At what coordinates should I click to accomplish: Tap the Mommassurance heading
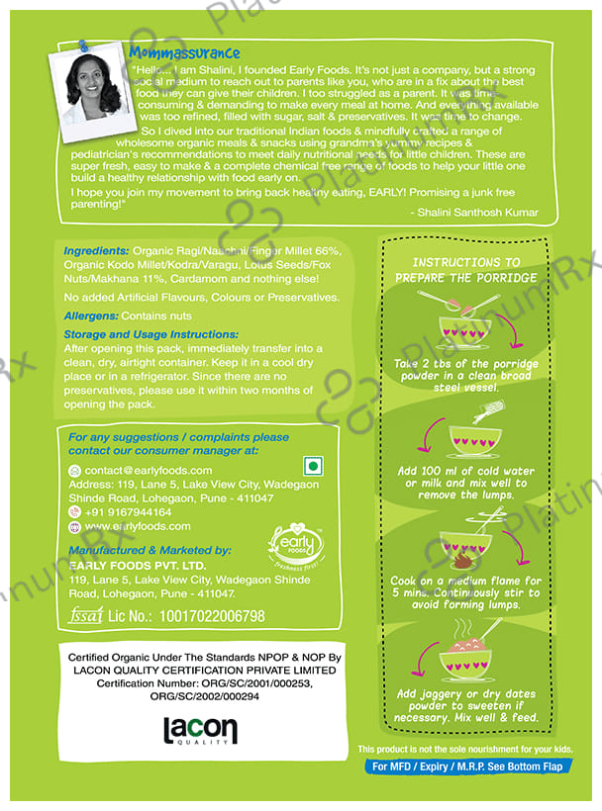click(185, 51)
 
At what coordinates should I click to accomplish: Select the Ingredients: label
click(96, 252)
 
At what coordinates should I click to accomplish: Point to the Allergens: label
click(91, 315)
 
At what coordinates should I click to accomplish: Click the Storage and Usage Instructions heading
click(150, 334)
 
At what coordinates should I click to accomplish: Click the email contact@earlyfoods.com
click(149, 470)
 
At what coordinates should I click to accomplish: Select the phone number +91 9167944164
click(128, 512)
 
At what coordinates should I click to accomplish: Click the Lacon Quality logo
click(200, 731)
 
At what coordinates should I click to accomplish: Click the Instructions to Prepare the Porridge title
click(465, 270)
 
